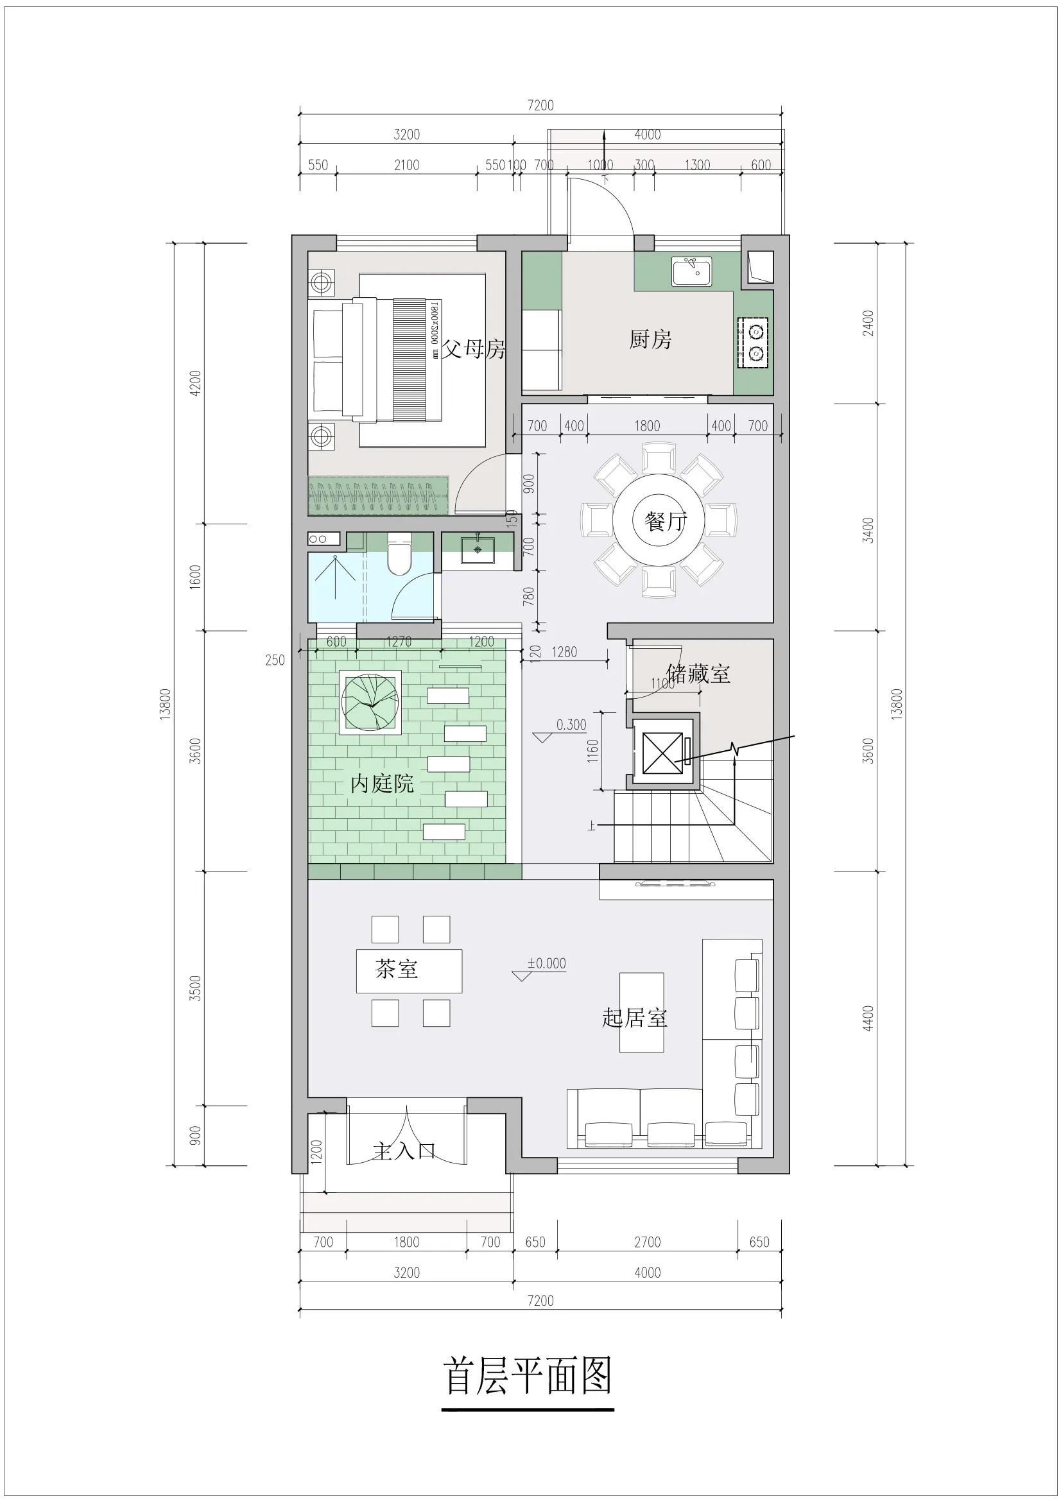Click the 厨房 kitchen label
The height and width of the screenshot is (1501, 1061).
650,340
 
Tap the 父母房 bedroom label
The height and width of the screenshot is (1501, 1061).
474,349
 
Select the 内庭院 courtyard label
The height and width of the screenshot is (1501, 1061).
383,783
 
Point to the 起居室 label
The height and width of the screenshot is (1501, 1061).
634,1017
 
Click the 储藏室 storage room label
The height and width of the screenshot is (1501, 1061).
698,673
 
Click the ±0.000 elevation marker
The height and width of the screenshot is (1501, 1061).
546,964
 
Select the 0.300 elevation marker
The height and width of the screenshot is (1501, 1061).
571,725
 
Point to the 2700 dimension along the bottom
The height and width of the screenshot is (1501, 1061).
647,1242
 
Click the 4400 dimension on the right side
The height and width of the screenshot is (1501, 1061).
868,1018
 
